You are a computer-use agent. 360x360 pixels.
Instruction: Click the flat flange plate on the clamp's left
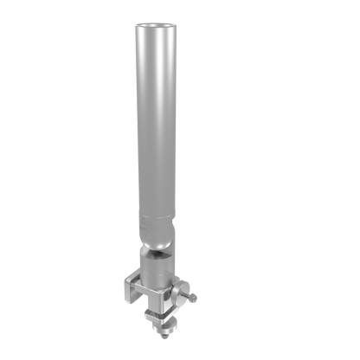129,290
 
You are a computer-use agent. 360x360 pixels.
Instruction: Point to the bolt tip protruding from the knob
199,298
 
